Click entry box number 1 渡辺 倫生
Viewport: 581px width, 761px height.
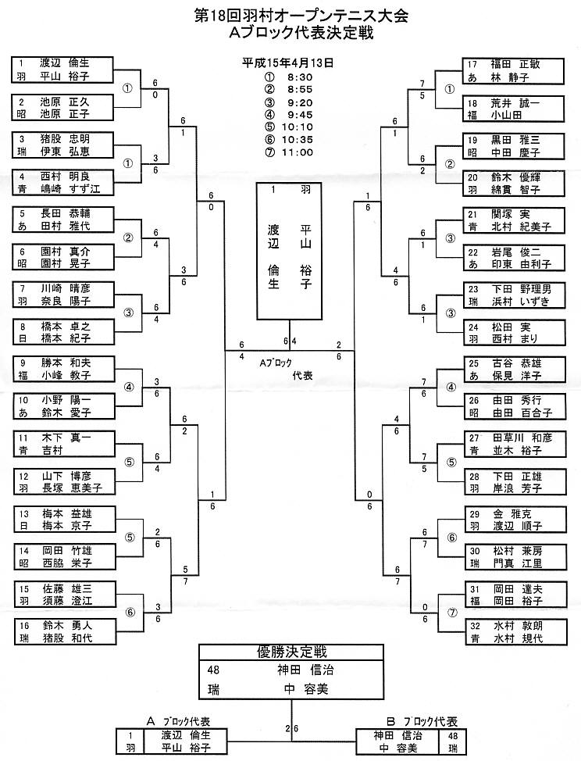[63, 70]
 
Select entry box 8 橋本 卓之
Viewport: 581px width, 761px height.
[63, 331]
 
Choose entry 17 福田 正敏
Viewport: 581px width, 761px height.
[513, 70]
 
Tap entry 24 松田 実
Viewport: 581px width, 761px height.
[513, 331]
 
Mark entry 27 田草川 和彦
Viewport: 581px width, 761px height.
[513, 444]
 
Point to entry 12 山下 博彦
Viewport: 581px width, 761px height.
[63, 481]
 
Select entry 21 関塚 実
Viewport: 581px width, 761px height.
[513, 220]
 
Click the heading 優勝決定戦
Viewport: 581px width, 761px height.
[290, 652]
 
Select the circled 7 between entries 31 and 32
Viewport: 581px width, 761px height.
[449, 613]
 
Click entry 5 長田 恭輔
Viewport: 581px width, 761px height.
[63, 220]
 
